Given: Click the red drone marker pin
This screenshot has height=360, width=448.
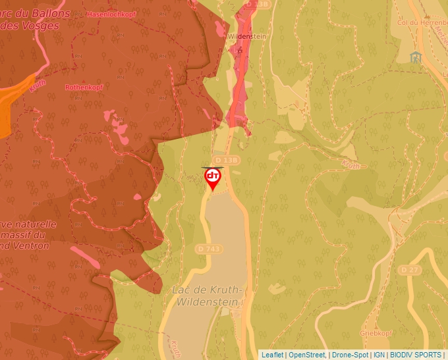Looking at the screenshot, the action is (x=213, y=178).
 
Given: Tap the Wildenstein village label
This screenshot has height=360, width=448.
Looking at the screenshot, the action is (x=246, y=37).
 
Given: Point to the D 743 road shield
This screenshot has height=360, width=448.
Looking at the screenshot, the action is (x=210, y=249).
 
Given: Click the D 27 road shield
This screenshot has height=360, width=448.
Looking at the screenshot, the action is (x=409, y=270).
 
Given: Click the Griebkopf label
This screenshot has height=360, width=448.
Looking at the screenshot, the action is (x=376, y=334).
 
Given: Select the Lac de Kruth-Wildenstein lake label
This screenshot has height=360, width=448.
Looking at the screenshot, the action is (x=208, y=296).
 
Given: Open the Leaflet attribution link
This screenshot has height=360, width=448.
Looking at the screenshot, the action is (x=272, y=355).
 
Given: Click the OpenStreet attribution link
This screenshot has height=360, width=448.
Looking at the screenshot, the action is (x=306, y=355).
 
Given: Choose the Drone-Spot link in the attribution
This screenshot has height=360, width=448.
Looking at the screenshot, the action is (x=350, y=355).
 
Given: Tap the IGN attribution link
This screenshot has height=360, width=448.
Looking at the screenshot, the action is (x=379, y=355).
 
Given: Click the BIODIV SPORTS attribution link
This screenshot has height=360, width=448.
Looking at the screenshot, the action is (x=416, y=355).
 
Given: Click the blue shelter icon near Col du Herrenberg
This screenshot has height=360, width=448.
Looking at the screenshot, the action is (x=415, y=57).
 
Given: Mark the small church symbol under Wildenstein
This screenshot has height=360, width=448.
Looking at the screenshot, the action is (x=240, y=49).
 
